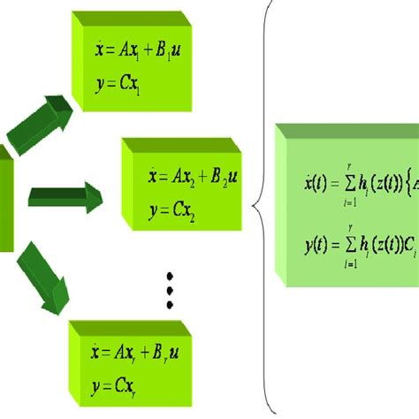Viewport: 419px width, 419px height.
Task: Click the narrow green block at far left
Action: pyautogui.click(x=5, y=198)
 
